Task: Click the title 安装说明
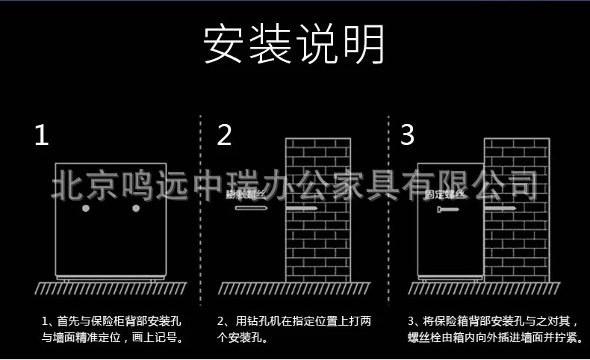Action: point(294,46)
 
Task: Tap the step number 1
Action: point(42,135)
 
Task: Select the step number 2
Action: point(225,135)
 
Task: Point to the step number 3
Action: point(407,135)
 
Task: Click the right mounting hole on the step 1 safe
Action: point(136,209)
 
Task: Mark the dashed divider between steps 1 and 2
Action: point(200,202)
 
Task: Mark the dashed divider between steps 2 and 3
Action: point(388,202)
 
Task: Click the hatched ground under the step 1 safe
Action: point(111,288)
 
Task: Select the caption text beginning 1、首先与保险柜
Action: point(112,329)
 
